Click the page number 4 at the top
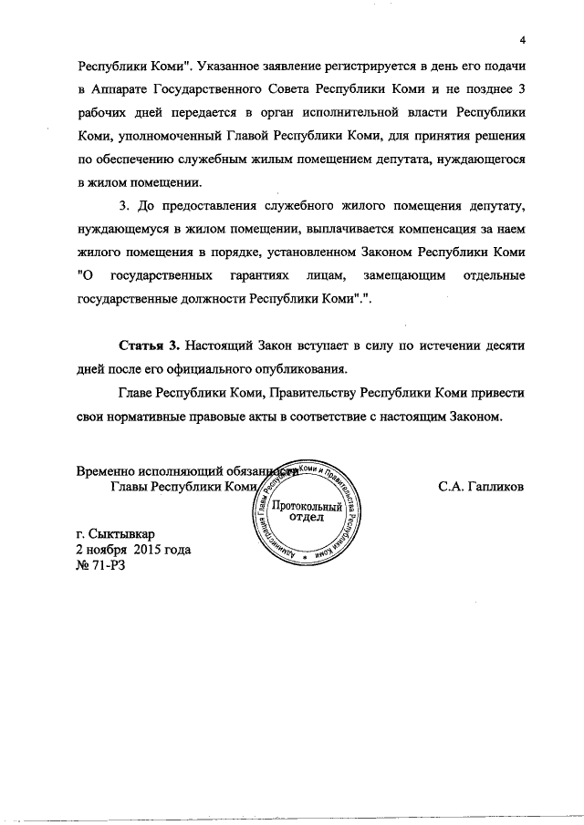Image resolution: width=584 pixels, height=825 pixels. [x=523, y=40]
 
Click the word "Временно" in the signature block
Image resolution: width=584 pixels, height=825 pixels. [x=106, y=471]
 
